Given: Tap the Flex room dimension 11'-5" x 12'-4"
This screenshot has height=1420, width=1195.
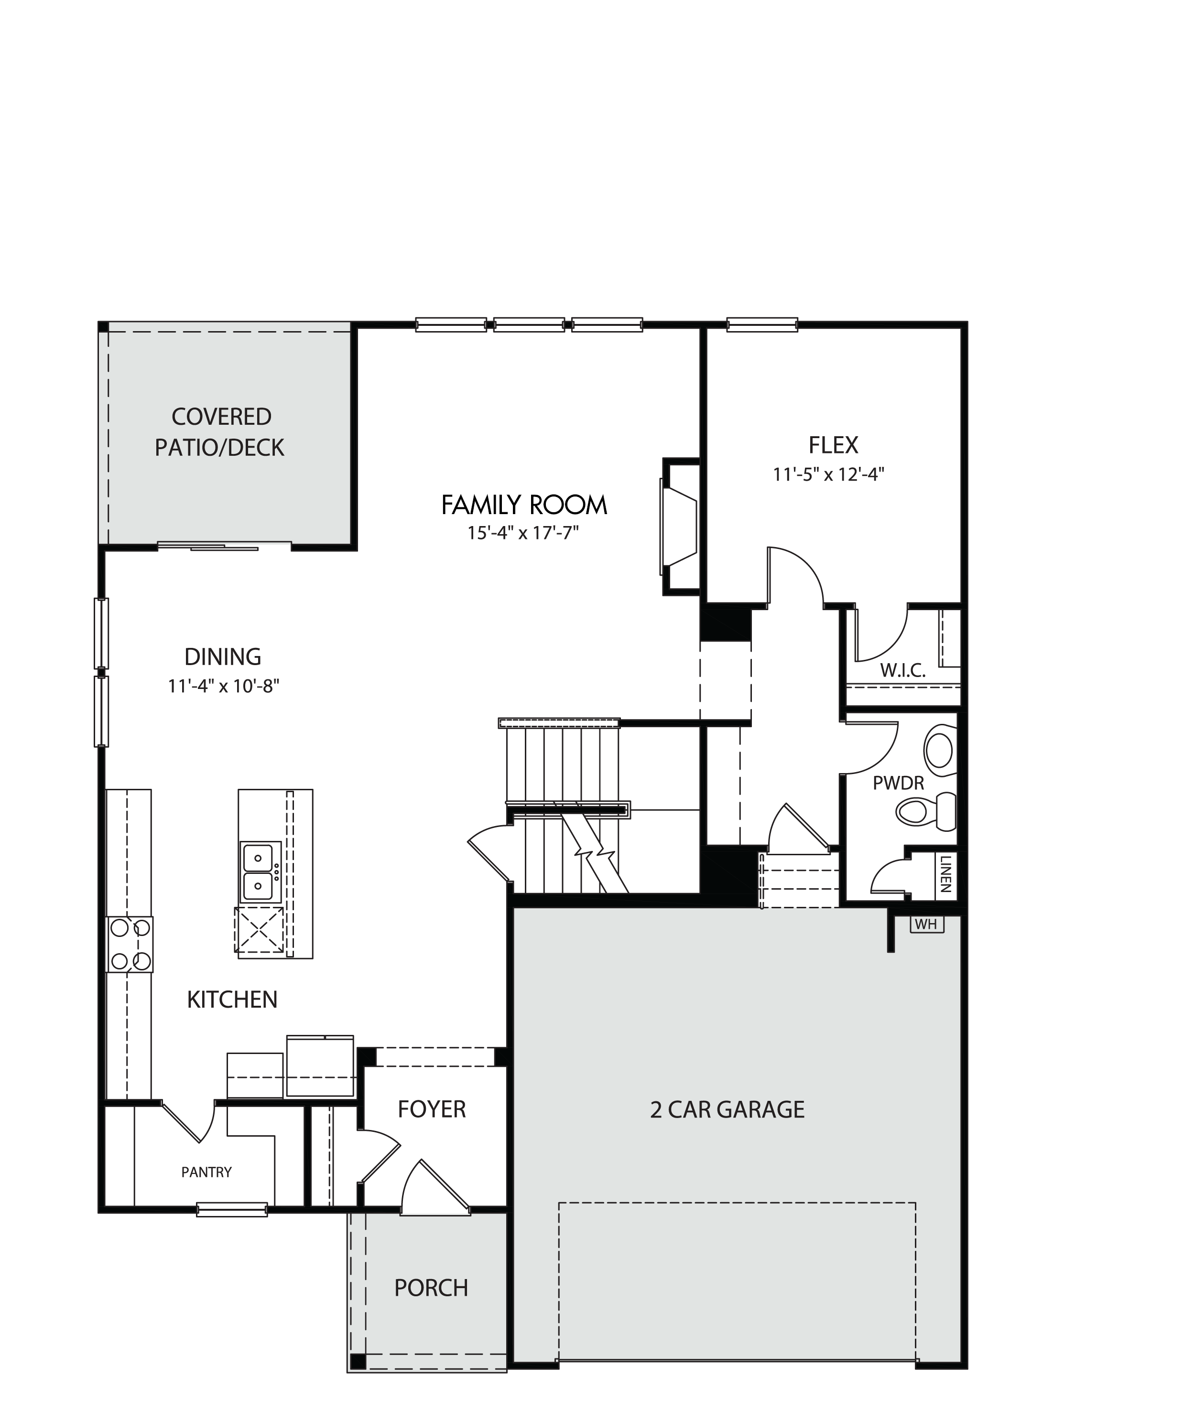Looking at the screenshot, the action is click(x=828, y=474).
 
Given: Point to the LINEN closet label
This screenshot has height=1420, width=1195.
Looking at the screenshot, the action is click(x=945, y=873).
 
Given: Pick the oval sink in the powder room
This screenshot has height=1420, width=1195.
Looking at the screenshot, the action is click(x=940, y=750).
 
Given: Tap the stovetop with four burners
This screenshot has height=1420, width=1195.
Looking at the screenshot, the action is click(x=130, y=944).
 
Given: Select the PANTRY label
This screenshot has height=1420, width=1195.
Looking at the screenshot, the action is click(x=206, y=1172).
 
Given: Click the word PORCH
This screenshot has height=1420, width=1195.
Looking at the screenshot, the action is click(x=431, y=1287).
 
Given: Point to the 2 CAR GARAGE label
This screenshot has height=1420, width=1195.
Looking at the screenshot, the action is click(x=727, y=1109).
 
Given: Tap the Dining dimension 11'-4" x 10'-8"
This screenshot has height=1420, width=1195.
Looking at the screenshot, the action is click(x=224, y=686).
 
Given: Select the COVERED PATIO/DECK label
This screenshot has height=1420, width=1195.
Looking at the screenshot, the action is click(x=220, y=432).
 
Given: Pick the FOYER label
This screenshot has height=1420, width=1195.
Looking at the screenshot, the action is click(x=432, y=1109).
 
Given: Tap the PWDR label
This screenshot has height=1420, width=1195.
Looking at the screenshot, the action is click(x=898, y=784).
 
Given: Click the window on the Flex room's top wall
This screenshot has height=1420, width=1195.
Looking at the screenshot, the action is click(x=762, y=325).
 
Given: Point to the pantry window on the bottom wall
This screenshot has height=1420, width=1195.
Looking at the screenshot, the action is click(x=232, y=1209).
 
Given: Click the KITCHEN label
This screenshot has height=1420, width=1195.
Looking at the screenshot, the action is click(x=232, y=1000).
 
